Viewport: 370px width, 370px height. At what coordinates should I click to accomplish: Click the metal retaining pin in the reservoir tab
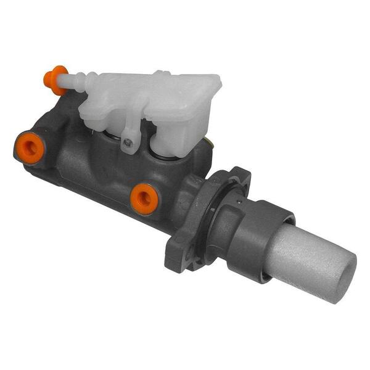pyautogui.click(x=128, y=142)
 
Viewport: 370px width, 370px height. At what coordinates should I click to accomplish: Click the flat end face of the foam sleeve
pyautogui.click(x=342, y=277)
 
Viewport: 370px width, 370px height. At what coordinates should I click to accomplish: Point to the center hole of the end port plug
pyautogui.click(x=28, y=146)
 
